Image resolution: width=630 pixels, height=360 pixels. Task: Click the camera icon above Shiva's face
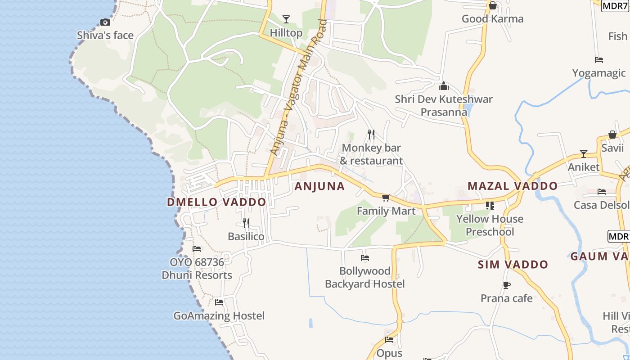(x=105, y=22)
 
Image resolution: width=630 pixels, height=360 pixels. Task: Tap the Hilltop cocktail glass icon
(x=286, y=19)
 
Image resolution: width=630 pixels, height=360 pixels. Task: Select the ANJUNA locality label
(x=319, y=186)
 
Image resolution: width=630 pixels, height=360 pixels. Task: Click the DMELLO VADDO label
(x=216, y=202)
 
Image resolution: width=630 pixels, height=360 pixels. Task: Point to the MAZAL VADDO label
(x=513, y=186)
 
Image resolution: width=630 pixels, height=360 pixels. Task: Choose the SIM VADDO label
(x=513, y=265)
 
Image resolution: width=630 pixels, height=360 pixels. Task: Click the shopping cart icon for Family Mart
(x=386, y=198)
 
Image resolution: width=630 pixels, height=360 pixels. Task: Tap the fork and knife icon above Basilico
(x=246, y=223)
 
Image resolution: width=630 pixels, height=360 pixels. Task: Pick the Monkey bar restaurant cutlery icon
(x=371, y=134)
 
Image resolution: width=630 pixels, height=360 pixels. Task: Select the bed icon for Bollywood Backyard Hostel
(x=365, y=258)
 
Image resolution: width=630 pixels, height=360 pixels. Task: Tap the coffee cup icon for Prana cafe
(x=507, y=285)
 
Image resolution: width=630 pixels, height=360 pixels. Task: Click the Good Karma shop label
(x=493, y=19)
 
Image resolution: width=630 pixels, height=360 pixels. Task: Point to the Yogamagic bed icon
(x=598, y=59)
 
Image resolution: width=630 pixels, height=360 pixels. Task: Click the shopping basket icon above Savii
(x=612, y=135)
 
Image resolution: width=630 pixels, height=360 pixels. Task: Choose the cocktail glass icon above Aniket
(x=584, y=154)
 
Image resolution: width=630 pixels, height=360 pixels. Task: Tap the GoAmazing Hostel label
(x=219, y=316)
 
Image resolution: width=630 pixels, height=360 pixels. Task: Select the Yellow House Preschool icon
(x=490, y=206)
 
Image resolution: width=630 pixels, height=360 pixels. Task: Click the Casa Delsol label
(x=601, y=205)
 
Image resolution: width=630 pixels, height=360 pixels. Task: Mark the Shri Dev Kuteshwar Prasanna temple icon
(x=444, y=85)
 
